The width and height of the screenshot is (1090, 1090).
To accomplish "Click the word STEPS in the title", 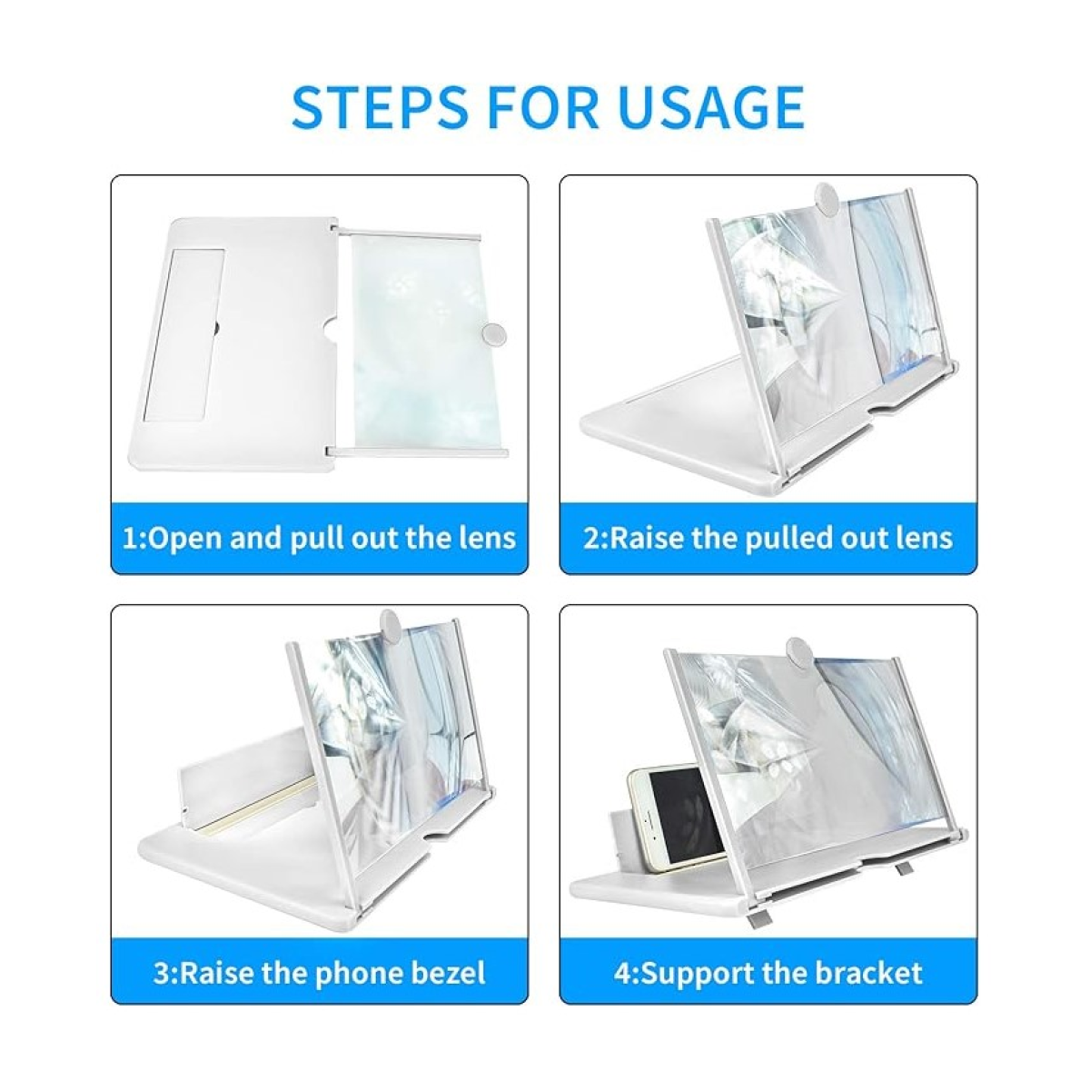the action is [x=378, y=107].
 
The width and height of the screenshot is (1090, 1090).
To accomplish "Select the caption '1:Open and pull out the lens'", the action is [x=320, y=537].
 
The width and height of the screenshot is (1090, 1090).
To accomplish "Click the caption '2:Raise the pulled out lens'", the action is [x=768, y=537].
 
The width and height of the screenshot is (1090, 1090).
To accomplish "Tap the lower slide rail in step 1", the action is [x=418, y=451].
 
